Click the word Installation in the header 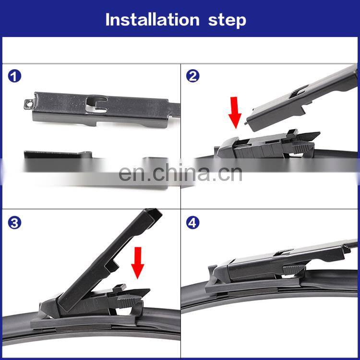pos(153,20)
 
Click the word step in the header pos(227,21)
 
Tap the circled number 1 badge pos(14,76)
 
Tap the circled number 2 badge pos(192,76)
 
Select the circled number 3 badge pos(14,223)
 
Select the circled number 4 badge pos(192,223)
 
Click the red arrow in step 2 pos(235,112)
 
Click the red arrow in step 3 pos(138,263)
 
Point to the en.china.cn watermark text pos(180,173)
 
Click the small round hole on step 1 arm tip pos(29,104)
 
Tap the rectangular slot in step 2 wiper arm pos(299,91)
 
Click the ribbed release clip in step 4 pos(294,270)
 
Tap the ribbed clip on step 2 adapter pos(303,147)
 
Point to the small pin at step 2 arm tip pos(246,123)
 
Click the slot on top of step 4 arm pos(284,252)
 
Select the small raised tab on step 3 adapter pos(120,288)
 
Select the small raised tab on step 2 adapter pos(292,133)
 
